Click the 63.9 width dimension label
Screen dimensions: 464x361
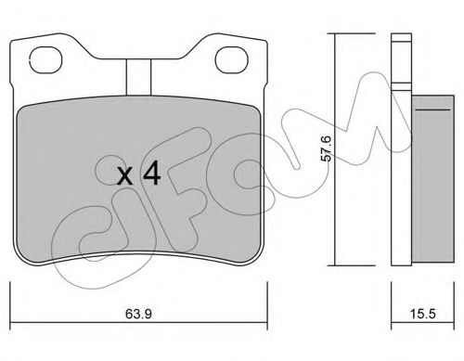coord(138,314)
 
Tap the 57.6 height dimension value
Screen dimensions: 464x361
coord(326,148)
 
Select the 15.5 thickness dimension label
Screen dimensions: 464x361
coord(423,314)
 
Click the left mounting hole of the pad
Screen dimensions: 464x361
coord(45,60)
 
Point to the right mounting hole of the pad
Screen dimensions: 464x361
coord(232,60)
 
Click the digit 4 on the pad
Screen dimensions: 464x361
coord(151,174)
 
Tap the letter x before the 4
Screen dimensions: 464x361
coord(126,177)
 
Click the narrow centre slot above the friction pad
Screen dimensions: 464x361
coord(138,77)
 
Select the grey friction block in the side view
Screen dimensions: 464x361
coord(432,180)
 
